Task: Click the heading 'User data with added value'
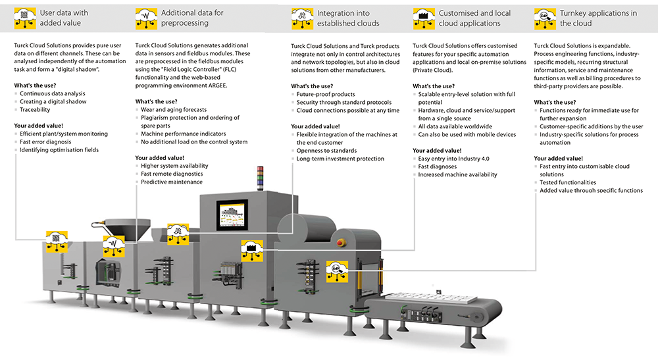pyautogui.click(x=64, y=18)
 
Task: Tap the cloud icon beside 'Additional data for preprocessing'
pyautogui.click(x=146, y=18)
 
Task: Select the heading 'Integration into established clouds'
pyautogui.click(x=348, y=18)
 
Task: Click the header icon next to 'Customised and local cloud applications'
pyautogui.click(x=423, y=18)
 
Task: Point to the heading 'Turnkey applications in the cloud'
pyautogui.click(x=598, y=18)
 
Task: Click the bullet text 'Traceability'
pyautogui.click(x=35, y=109)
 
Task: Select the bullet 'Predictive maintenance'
pyautogui.click(x=172, y=182)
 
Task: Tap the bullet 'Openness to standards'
pyautogui.click(x=326, y=151)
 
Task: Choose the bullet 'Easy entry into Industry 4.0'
pyautogui.click(x=453, y=159)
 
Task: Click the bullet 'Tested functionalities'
pyautogui.click(x=568, y=182)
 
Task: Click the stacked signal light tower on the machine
pyautogui.click(x=260, y=178)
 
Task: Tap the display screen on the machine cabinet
pyautogui.click(x=232, y=215)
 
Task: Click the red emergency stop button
pyautogui.click(x=341, y=242)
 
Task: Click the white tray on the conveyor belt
pyautogui.click(x=431, y=298)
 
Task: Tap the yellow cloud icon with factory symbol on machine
pyautogui.click(x=252, y=251)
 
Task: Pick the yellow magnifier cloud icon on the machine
pyautogui.click(x=337, y=271)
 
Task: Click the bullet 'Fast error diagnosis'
pyautogui.click(x=45, y=141)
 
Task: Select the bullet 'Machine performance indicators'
pyautogui.click(x=184, y=134)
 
